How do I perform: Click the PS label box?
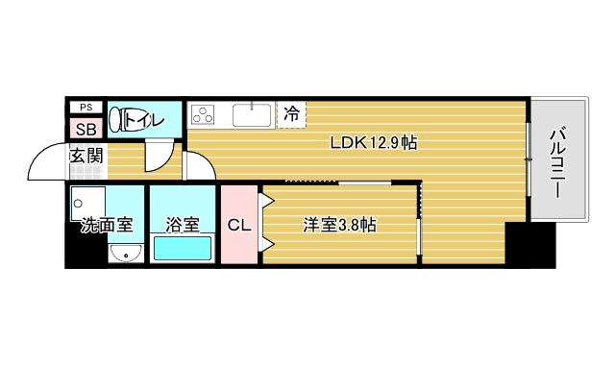coord(86,108)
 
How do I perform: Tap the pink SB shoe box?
coord(86,129)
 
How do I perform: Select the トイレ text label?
coord(145,120)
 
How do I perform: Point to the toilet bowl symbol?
coord(117,120)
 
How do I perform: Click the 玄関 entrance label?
coord(86,154)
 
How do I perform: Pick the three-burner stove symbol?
coord(205,115)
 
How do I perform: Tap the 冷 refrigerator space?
coord(291,113)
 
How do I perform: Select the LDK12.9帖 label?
coord(373,142)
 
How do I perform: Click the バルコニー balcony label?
coord(556,160)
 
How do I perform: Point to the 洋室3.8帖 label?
coord(339,226)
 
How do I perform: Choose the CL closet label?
coord(239,226)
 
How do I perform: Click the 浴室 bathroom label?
coord(183,226)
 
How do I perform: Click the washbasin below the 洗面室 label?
coord(125,254)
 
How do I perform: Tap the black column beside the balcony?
coord(530,245)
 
